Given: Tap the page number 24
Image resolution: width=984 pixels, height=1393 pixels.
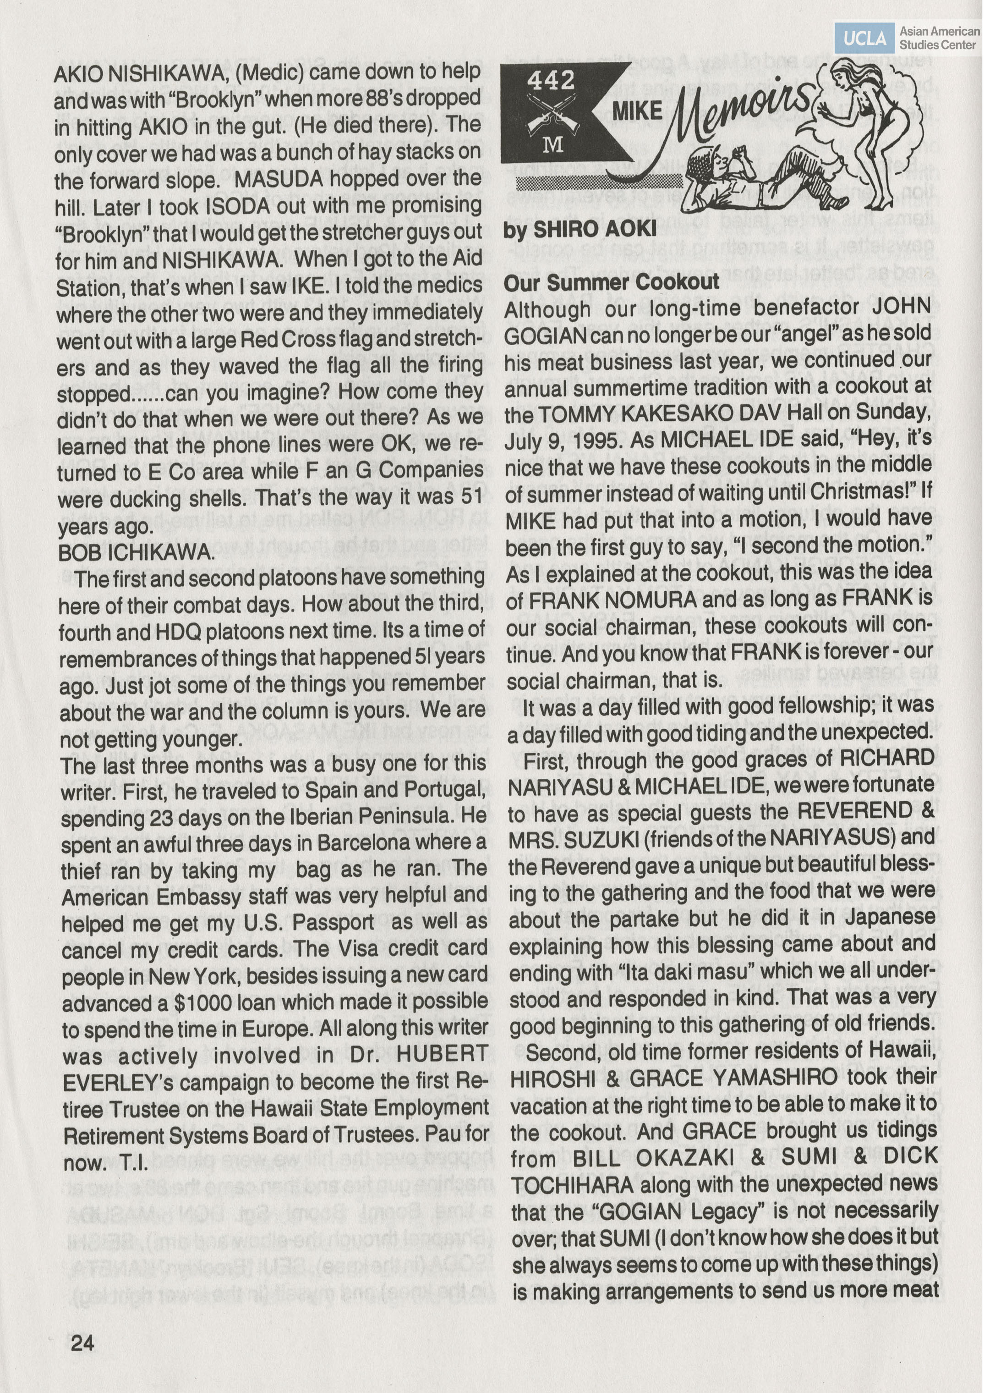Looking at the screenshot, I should (82, 1343).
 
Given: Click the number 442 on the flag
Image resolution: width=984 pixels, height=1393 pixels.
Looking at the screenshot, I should (550, 79).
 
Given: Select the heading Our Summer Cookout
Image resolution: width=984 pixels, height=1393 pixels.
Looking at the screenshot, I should (611, 282).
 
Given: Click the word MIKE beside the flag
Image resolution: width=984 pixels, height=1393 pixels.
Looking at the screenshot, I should (637, 111).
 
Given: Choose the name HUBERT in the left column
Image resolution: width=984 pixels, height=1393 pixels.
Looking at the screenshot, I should (443, 1054).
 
